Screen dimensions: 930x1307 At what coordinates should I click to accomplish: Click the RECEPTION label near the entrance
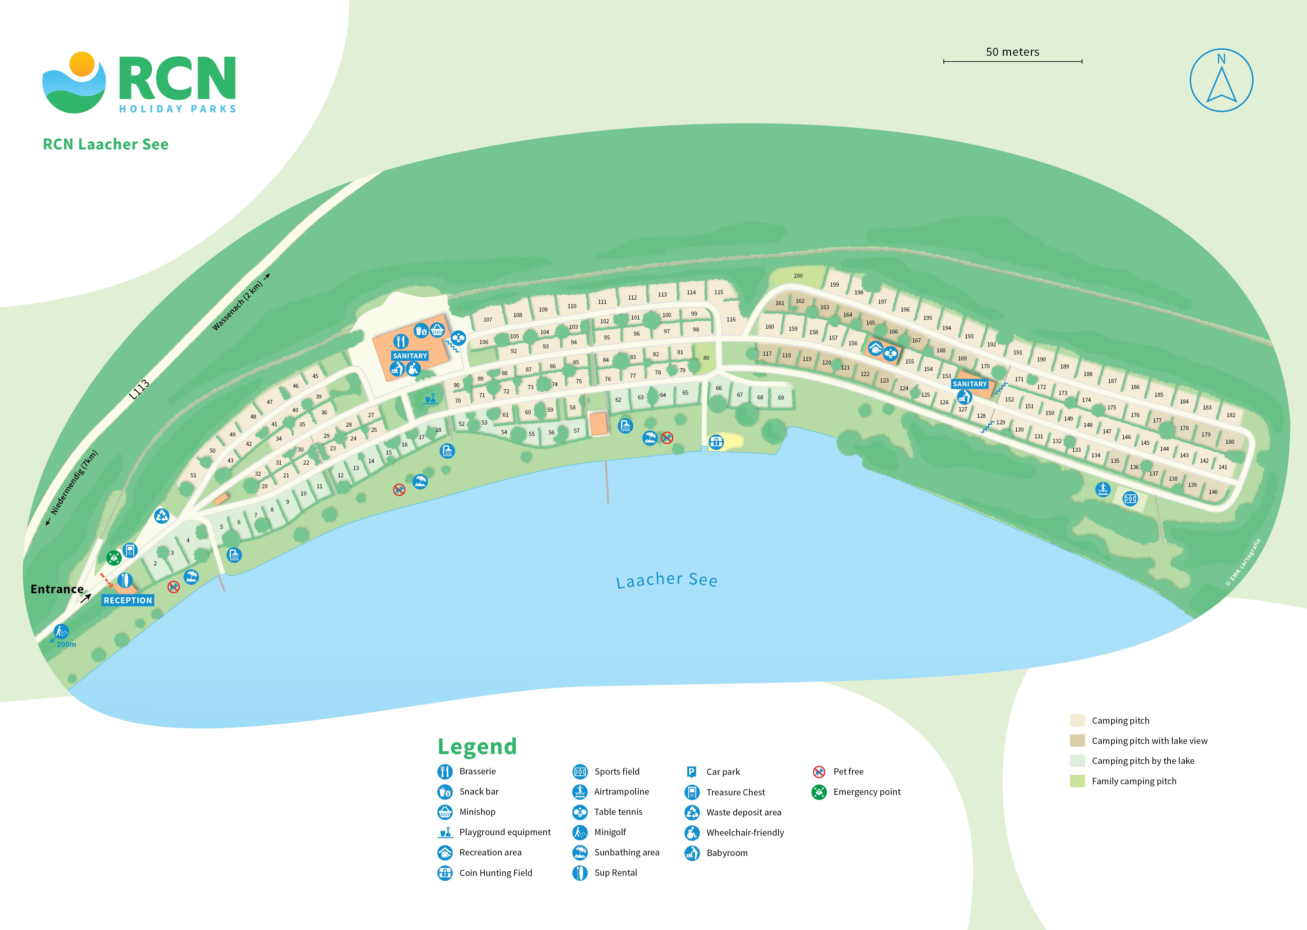pos(128,600)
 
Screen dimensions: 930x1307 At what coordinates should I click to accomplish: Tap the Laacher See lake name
pos(666,580)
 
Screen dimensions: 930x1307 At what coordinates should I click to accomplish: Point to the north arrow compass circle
pos(1221,80)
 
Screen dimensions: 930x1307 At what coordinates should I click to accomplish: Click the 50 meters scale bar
pos(1012,61)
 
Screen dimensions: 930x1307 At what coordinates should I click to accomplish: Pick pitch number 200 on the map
pos(798,276)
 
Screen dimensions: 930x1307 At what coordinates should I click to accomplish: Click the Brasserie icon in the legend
pos(445,771)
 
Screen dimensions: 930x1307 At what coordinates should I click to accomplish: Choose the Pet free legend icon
pos(819,771)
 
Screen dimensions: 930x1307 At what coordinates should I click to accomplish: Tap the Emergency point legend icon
pos(819,792)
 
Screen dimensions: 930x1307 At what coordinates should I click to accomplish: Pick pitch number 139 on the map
pos(1192,485)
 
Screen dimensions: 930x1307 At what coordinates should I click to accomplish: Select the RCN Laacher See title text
pos(106,144)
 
